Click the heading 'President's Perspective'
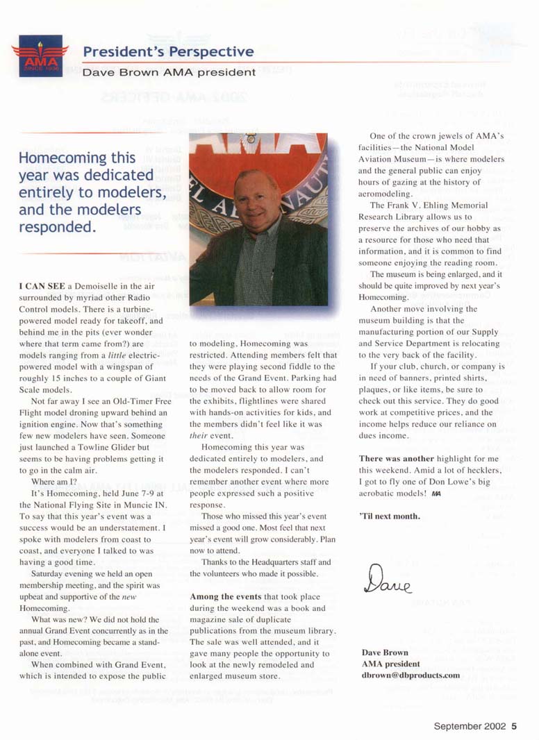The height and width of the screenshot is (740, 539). tap(168, 52)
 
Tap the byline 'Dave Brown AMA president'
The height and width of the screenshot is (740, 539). tap(169, 72)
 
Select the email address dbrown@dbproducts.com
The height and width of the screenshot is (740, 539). tap(411, 675)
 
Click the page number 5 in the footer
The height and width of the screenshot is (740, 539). tap(514, 727)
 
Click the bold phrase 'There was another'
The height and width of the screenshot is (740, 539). tap(396, 459)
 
